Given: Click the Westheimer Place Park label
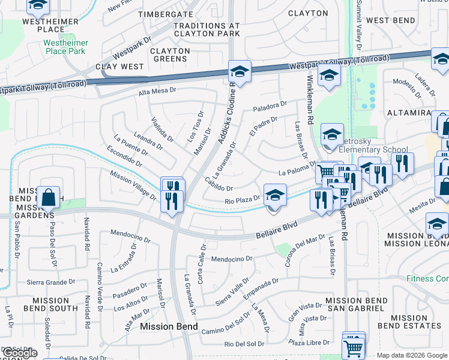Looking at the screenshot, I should (65, 47).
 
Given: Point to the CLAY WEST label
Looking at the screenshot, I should (124, 67).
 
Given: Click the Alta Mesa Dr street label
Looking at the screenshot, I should (157, 91).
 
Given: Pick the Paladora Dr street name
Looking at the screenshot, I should (270, 106).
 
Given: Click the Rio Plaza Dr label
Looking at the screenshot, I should (242, 200).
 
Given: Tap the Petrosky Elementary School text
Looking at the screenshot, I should (373, 149).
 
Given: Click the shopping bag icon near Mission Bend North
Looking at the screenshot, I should (49, 197).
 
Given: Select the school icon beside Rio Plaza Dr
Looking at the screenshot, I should (275, 195).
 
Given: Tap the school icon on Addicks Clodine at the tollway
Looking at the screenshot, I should (239, 72).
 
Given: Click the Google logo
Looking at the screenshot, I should (20, 353).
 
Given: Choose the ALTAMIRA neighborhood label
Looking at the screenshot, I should (409, 113).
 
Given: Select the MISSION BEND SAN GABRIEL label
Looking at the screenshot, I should (354, 304).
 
